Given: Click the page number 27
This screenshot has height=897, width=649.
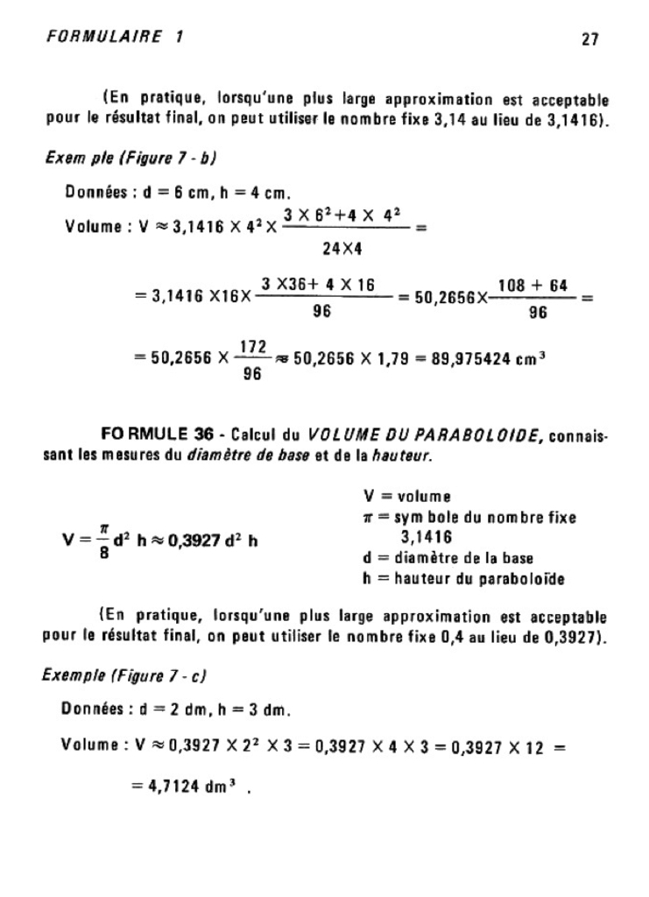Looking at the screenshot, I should (588, 39).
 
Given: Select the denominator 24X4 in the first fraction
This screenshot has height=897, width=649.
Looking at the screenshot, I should (342, 250).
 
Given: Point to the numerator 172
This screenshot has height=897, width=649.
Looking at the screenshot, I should (253, 348).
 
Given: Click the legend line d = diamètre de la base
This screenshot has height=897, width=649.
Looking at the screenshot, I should (448, 558).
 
